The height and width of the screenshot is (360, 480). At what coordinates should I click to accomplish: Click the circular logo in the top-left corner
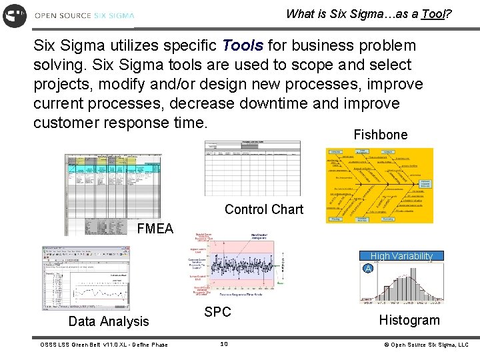pyautogui.click(x=15, y=15)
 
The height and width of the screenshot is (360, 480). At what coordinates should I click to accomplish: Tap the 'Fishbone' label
pyautogui.click(x=380, y=135)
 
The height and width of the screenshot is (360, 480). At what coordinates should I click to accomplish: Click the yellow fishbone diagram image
pyautogui.click(x=379, y=185)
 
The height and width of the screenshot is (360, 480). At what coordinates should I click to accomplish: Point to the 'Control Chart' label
pyautogui.click(x=264, y=209)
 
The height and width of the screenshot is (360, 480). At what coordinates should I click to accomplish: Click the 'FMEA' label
pyautogui.click(x=155, y=229)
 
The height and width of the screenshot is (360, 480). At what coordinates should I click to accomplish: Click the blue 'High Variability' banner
pyautogui.click(x=401, y=256)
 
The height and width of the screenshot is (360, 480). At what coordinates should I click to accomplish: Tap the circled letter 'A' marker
pyautogui.click(x=367, y=269)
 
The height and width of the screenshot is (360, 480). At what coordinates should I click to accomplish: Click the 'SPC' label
pyautogui.click(x=217, y=312)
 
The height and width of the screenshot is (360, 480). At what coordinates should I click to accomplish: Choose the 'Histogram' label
pyautogui.click(x=409, y=320)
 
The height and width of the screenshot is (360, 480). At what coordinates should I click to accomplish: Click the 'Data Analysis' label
pyautogui.click(x=109, y=321)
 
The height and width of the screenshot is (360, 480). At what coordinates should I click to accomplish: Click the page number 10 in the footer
pyautogui.click(x=224, y=344)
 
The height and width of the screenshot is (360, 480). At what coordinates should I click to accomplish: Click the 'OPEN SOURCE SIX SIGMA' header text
pyautogui.click(x=85, y=15)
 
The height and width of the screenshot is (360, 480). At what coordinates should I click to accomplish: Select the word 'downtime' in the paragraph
pyautogui.click(x=289, y=104)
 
